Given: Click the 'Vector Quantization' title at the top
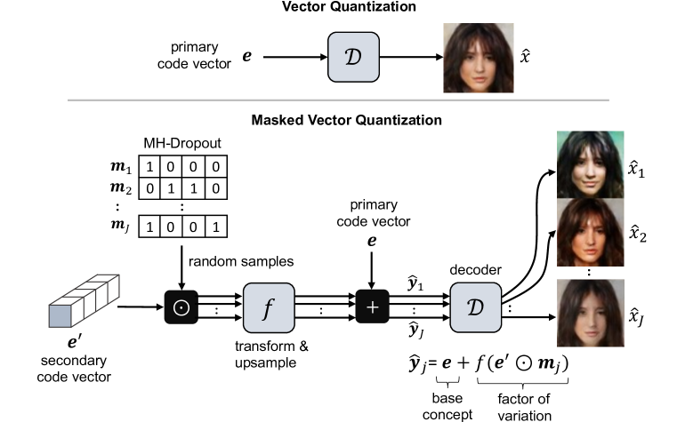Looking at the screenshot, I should (338, 8).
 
